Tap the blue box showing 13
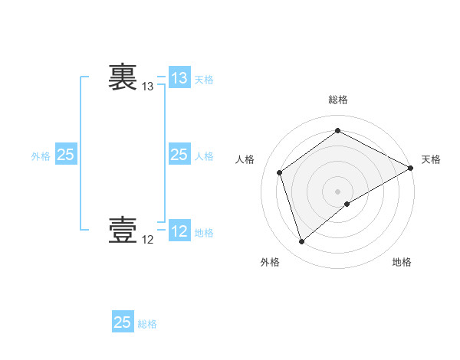(x=179, y=78)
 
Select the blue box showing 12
(x=179, y=231)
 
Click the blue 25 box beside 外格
(x=65, y=155)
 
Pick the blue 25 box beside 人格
(x=179, y=155)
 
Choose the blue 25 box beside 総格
(x=123, y=322)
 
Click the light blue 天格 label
(x=204, y=79)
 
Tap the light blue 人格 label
(x=204, y=155)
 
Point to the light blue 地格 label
(x=204, y=232)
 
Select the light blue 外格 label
(x=41, y=155)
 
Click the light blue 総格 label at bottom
(x=147, y=323)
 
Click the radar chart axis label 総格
(x=337, y=100)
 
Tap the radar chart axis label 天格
(x=431, y=159)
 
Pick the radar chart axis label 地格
(x=402, y=262)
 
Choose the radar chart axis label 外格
(x=270, y=262)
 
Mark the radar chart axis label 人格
(x=245, y=159)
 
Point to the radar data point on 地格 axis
(x=347, y=204)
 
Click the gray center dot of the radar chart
(x=337, y=191)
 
